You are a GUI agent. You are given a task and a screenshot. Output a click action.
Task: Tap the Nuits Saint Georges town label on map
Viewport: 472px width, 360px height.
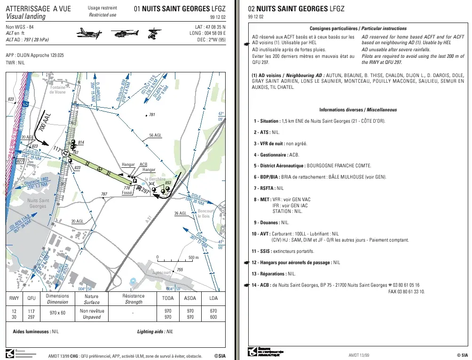[x=38, y=203]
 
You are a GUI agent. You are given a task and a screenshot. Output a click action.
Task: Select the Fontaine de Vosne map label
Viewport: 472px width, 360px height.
[x=58, y=90]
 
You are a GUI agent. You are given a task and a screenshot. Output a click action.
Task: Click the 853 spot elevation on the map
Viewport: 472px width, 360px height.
[x=168, y=183]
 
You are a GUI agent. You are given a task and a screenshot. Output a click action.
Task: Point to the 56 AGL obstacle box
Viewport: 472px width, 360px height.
[x=155, y=135]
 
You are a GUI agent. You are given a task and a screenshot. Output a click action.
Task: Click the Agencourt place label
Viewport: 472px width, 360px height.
[x=161, y=273]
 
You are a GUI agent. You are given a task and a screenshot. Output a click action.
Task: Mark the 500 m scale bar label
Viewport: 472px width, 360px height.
[x=194, y=258]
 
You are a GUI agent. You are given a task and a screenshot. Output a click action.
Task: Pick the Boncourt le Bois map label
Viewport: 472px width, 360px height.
[x=205, y=213]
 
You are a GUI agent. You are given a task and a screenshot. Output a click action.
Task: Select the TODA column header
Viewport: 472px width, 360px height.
[x=168, y=298]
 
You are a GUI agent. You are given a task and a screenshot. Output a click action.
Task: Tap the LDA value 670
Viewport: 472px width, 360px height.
[x=213, y=311]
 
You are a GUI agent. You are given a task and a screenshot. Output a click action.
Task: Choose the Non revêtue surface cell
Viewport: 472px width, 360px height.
[x=92, y=311]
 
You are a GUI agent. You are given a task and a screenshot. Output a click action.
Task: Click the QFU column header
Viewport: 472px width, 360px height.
[x=31, y=298]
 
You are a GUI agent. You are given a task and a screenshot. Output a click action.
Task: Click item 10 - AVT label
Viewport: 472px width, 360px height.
[x=261, y=234]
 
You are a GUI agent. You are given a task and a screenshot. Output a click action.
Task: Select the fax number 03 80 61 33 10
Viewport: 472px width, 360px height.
[x=406, y=292]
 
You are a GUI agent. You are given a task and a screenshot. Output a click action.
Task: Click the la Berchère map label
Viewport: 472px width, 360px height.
[x=155, y=179]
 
